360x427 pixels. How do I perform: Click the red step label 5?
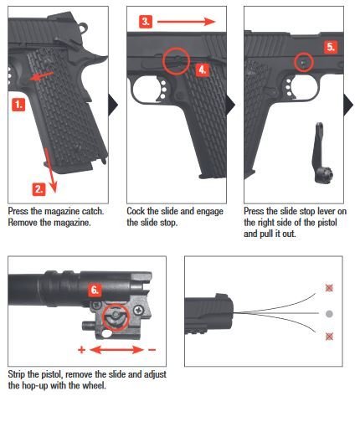pos(331,48)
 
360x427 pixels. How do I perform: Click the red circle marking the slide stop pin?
pos(303,61)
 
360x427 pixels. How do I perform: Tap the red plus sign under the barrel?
pos(80,347)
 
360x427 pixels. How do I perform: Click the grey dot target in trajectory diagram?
pos(329,313)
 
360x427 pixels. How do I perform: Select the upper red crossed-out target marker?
pos(329,287)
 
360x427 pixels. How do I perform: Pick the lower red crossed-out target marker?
pos(329,338)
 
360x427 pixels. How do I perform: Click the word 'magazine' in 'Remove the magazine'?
pos(69,222)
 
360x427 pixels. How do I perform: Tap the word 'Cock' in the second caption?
pos(136,211)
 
